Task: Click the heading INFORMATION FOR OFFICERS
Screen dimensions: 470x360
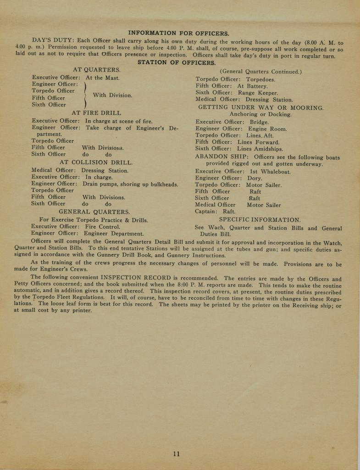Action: (179, 33)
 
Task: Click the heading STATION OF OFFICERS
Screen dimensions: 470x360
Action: (177, 62)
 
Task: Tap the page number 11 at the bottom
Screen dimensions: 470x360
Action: (177, 454)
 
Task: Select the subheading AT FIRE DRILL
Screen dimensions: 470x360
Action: (96, 112)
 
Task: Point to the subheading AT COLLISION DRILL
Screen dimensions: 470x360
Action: (96, 162)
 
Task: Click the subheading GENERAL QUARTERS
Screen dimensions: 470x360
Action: (94, 212)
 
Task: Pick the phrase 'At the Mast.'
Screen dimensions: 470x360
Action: (103, 78)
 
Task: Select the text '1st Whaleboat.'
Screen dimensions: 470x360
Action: (271, 172)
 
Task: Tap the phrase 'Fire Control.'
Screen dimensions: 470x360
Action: (103, 226)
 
